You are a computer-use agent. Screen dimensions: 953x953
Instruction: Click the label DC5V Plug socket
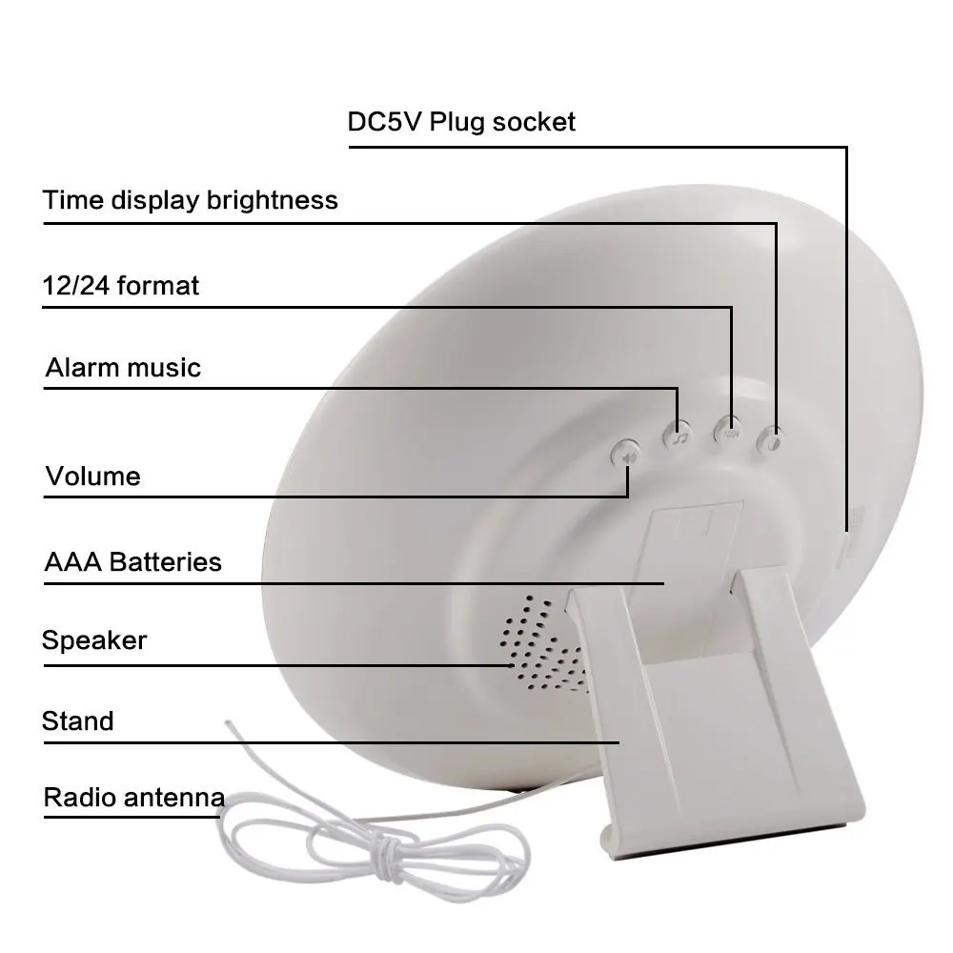[x=461, y=122]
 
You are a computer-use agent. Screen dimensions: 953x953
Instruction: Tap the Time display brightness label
[x=191, y=200]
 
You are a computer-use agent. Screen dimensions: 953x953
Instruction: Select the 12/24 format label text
[x=121, y=285]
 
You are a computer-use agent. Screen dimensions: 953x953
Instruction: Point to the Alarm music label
[x=123, y=368]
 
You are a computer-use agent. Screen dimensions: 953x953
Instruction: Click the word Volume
[x=92, y=476]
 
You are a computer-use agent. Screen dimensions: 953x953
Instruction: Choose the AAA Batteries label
[x=132, y=561]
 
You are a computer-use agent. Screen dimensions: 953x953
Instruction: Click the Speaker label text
[x=94, y=639]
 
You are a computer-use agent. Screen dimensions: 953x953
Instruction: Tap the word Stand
[x=77, y=720]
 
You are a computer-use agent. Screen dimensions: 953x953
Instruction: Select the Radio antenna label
[x=133, y=797]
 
